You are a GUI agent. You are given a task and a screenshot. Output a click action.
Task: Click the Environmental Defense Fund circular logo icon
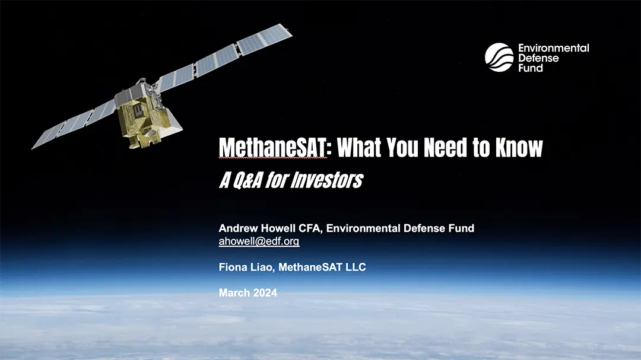pos(499,58)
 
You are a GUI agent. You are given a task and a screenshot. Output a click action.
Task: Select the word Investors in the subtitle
pos(326,180)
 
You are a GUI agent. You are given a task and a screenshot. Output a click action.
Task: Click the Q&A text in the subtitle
pos(241,180)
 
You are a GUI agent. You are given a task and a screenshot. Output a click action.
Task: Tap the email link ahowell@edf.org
pos(259,241)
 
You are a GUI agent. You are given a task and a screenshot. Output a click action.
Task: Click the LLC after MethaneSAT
pos(355,267)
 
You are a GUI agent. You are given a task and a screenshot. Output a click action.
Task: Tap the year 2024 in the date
pos(264,293)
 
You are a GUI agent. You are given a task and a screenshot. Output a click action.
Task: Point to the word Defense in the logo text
pos(539,58)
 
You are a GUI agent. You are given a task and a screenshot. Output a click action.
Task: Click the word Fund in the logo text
pos(531,68)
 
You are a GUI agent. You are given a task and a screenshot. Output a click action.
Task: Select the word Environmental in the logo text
pos(553,48)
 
